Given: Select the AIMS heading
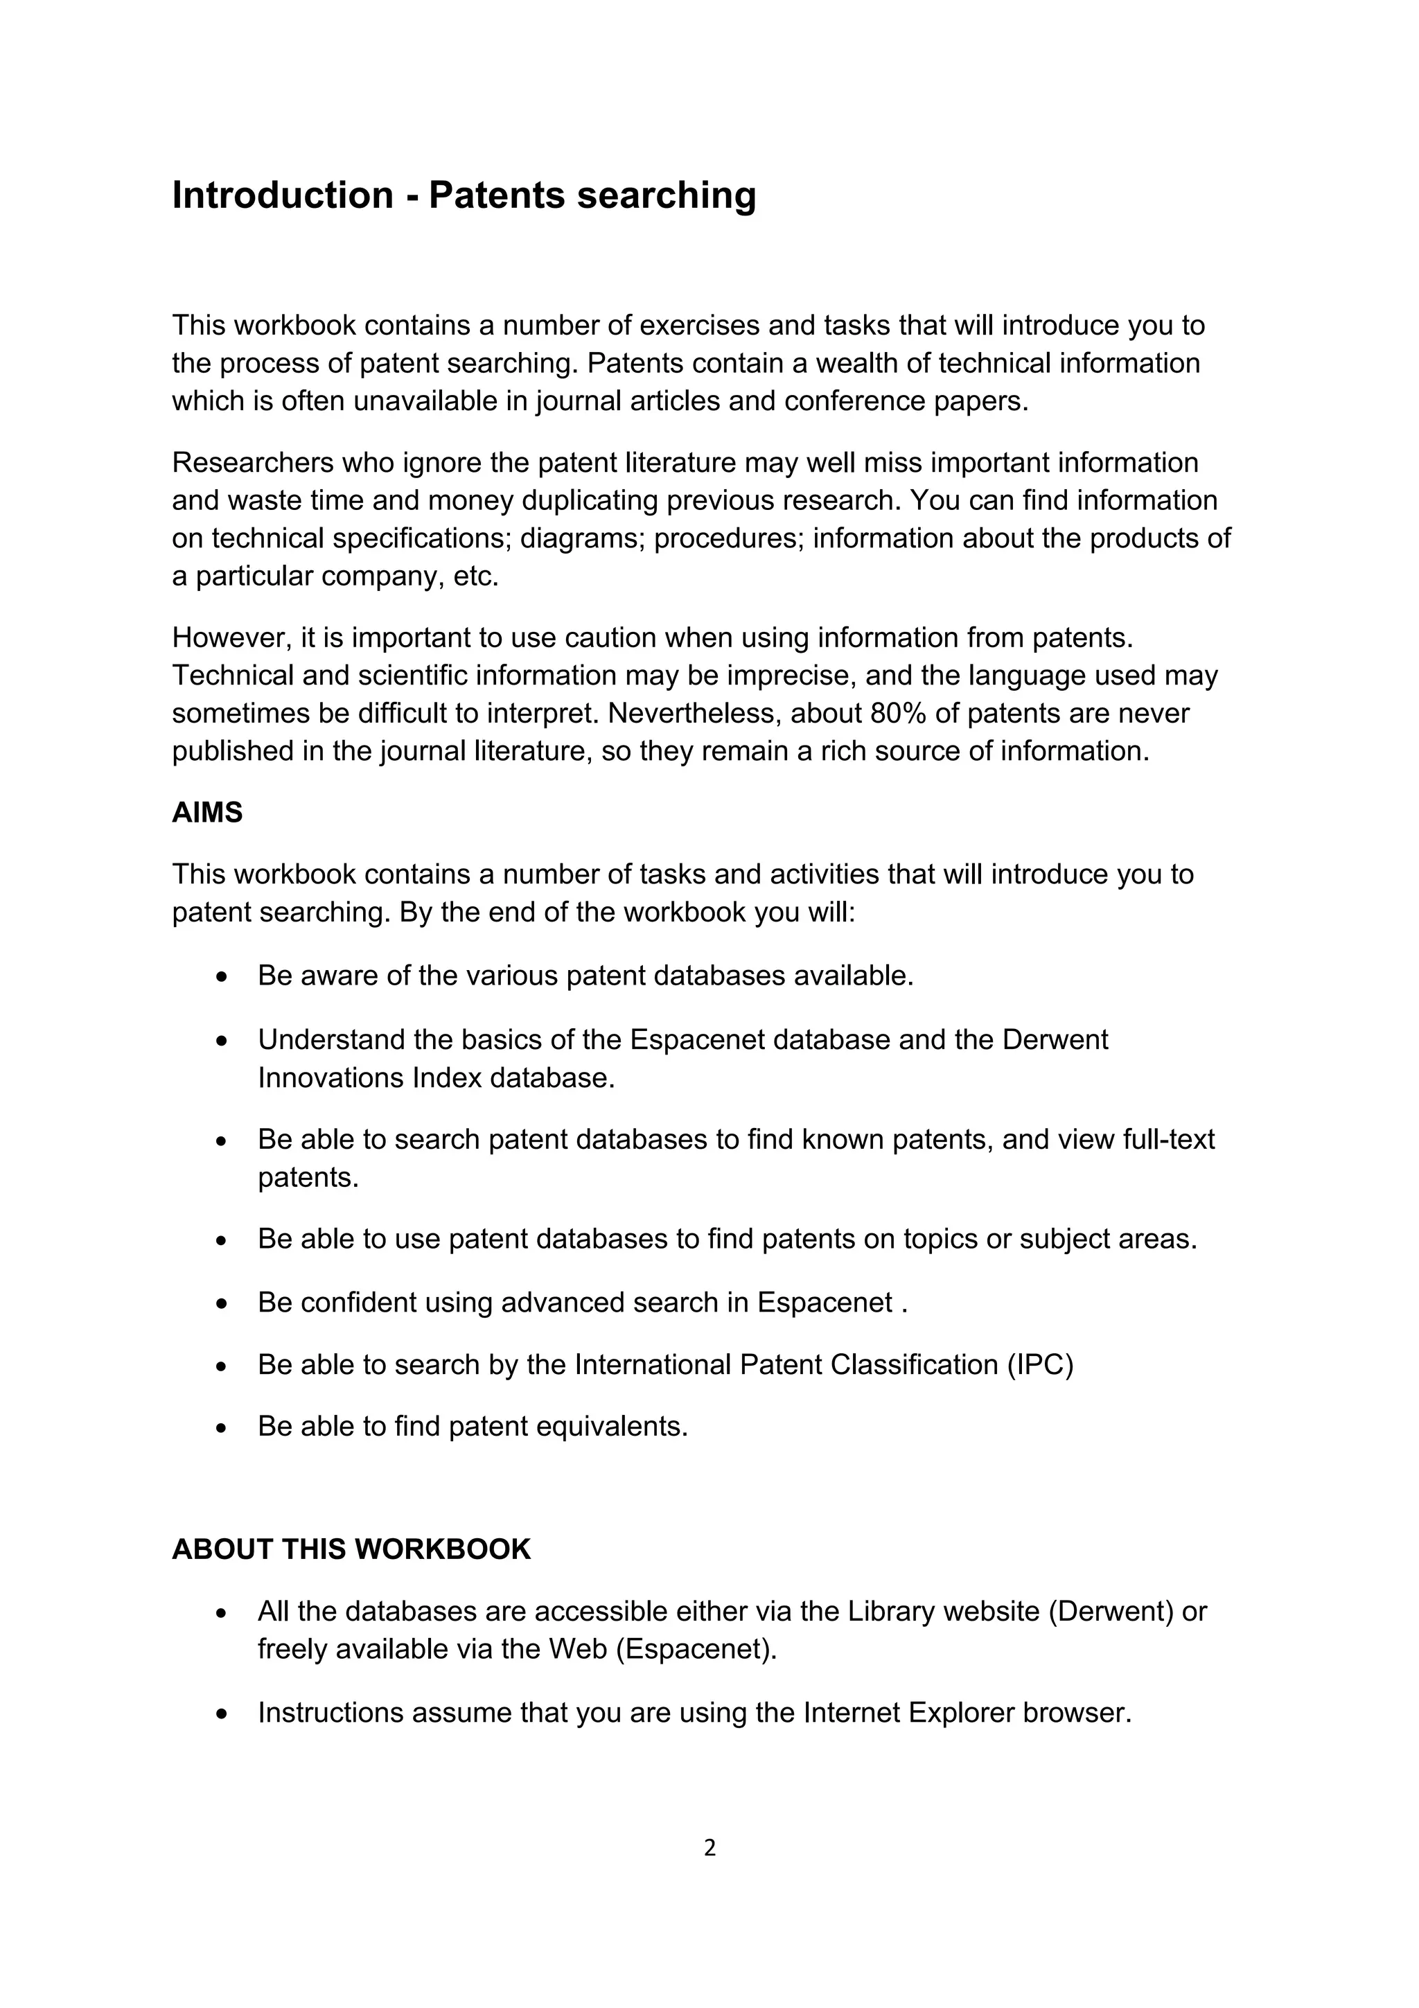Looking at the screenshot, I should click(x=207, y=813).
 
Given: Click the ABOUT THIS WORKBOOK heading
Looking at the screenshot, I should click(x=351, y=1549).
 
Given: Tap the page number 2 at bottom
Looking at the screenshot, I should click(x=709, y=1848).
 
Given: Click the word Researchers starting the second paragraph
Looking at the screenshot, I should click(x=252, y=463).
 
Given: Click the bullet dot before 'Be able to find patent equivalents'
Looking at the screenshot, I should click(x=222, y=1429).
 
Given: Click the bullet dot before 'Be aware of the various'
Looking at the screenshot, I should click(x=222, y=978).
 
